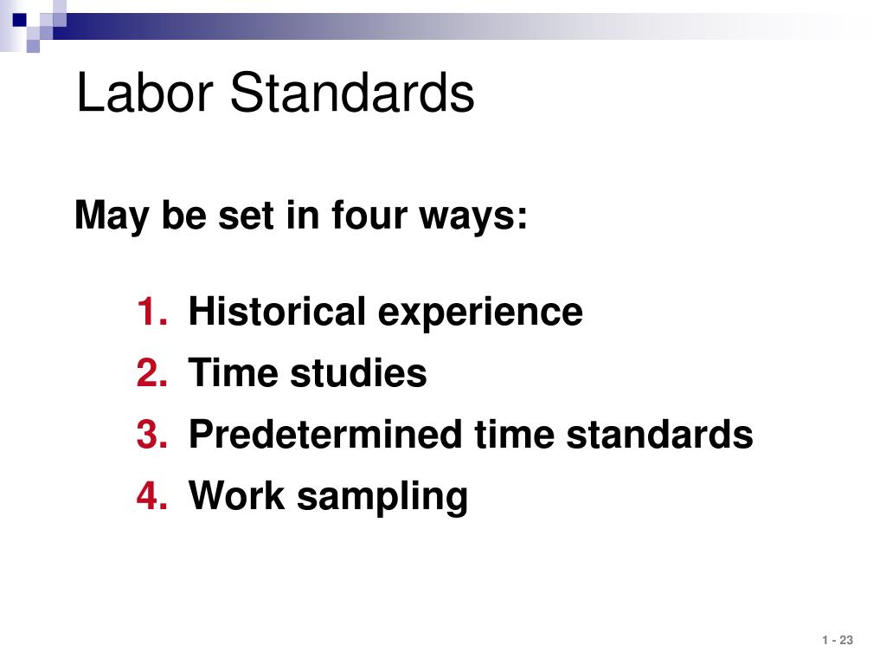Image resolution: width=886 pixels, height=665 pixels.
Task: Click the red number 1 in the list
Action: point(151,311)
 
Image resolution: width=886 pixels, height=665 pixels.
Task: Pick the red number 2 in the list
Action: point(151,373)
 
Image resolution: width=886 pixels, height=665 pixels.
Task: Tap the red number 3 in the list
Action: point(151,435)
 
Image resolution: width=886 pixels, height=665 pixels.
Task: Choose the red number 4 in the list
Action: point(151,496)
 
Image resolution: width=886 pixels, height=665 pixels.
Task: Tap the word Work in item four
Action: point(237,496)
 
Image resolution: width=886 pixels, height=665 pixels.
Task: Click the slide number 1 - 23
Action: point(838,640)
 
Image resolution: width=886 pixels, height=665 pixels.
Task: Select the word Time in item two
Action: point(234,373)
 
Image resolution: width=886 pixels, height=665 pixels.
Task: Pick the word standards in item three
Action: point(659,435)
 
